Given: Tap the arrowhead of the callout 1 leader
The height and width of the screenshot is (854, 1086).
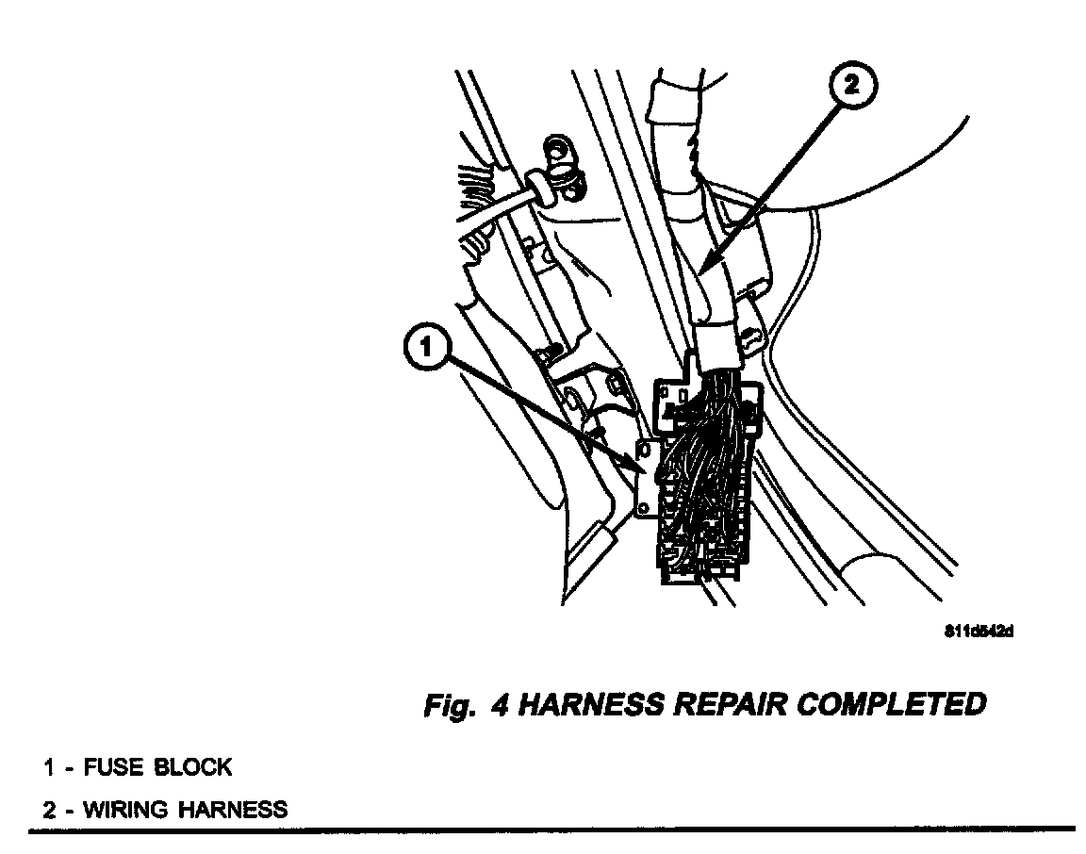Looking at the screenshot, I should coord(645,469).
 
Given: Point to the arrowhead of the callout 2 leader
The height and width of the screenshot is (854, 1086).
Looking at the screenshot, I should coord(701,275).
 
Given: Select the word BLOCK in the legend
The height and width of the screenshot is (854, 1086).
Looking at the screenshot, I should coord(193,767).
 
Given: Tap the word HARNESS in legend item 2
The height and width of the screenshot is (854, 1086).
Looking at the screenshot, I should coord(232,809).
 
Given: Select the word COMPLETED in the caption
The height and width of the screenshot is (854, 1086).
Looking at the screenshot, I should coord(891,704).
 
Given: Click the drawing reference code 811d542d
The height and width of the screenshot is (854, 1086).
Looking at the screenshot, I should coord(978,632).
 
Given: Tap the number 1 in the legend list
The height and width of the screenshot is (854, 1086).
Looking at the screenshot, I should coord(47,767).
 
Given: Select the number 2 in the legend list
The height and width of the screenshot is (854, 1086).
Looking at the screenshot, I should coord(48,809).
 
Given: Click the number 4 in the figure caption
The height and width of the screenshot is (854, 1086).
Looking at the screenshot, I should coord(500,705).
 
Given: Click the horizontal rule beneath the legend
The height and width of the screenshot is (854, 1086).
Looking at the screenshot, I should coord(551,829).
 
